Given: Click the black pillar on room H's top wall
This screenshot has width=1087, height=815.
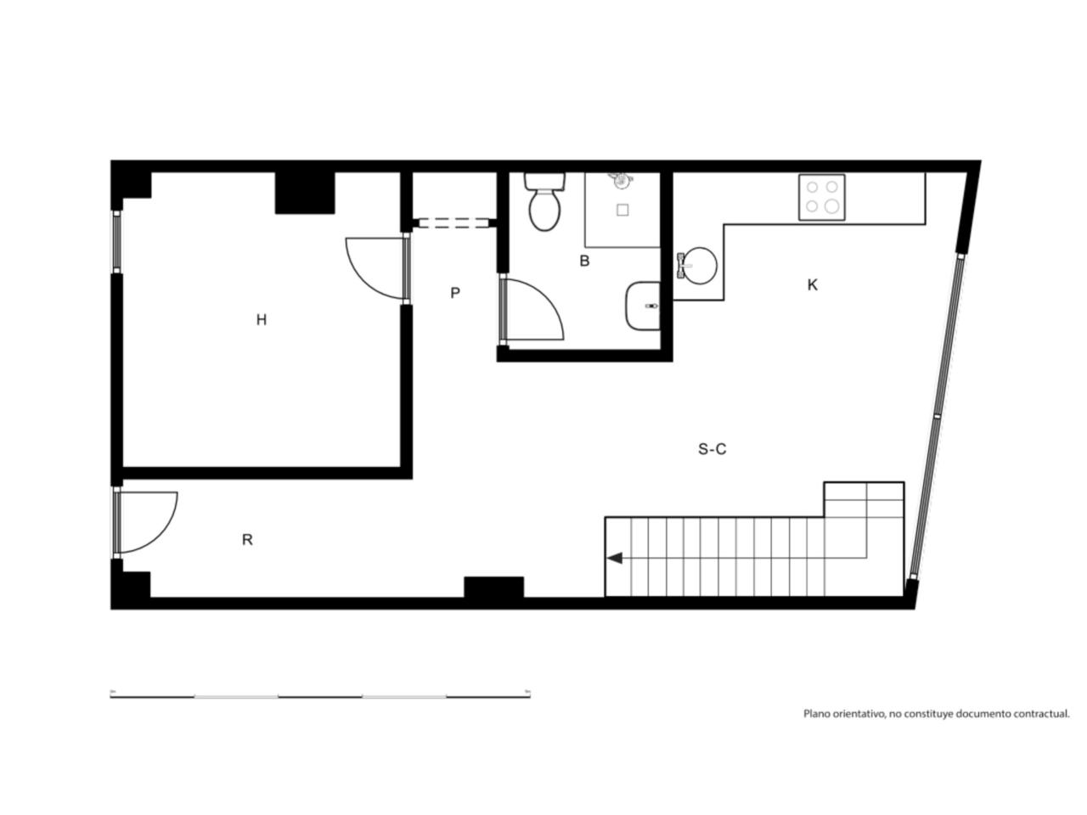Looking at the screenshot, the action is [x=305, y=193].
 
